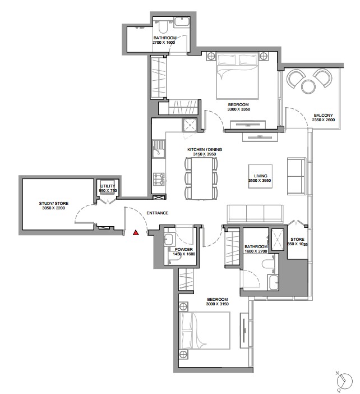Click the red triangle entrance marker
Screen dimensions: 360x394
point(136,232)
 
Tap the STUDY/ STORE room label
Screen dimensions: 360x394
point(53,203)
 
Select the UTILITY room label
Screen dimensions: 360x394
point(108,186)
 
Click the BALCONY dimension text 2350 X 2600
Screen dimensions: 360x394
point(324,120)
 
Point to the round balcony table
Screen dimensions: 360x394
point(308,86)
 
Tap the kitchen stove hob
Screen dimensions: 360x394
point(159,179)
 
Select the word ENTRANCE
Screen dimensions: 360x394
point(158,213)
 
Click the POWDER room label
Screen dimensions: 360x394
point(184,249)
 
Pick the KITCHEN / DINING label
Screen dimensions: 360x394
point(205,149)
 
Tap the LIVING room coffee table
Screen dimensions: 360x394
point(260,176)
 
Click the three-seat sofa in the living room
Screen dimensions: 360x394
point(255,214)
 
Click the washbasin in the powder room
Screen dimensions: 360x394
point(169,239)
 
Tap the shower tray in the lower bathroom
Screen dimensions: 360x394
point(277,240)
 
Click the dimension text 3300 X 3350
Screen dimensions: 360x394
point(239,109)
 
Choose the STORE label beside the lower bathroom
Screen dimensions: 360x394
point(298,239)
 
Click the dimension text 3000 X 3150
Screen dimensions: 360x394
point(218,304)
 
